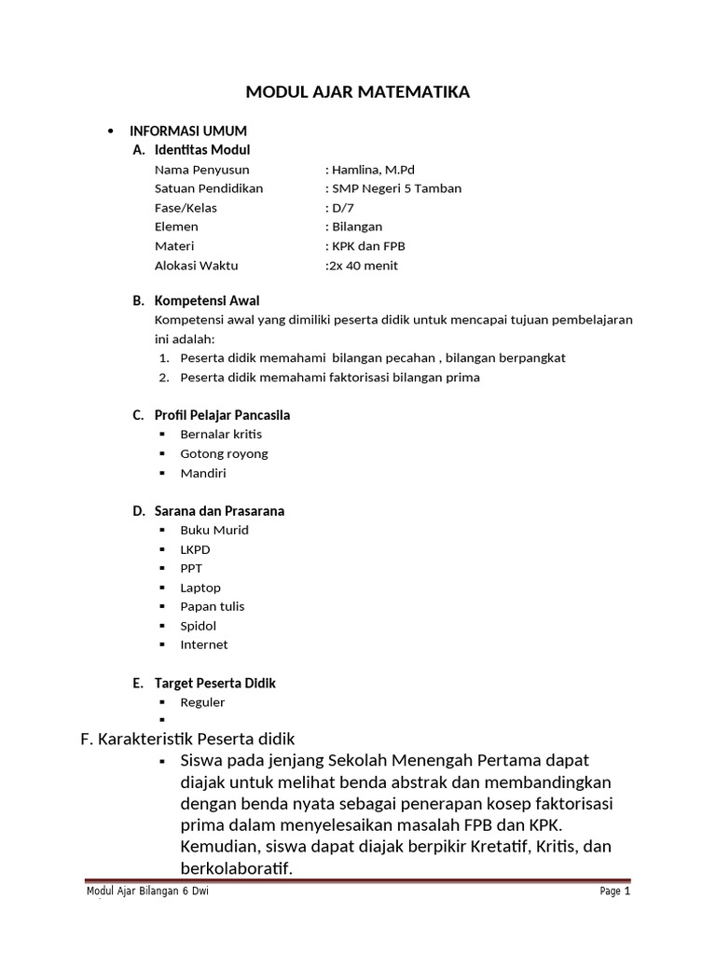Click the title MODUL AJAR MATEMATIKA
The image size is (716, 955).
358,91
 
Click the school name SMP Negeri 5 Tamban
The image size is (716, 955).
392,188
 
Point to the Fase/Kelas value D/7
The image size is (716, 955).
337,208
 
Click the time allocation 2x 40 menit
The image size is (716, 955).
362,266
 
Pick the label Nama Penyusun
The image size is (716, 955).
201,170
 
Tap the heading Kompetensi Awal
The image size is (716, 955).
207,300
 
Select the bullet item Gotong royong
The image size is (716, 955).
224,453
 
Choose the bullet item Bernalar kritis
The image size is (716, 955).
221,435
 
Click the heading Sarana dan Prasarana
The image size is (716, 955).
219,511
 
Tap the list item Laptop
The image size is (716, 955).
200,588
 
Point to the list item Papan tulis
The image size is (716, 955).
213,606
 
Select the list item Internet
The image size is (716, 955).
204,644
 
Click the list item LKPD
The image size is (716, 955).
196,549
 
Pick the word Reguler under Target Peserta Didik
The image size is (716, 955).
202,702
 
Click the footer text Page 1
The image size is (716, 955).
615,892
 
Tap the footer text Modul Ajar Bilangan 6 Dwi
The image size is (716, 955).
146,892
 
